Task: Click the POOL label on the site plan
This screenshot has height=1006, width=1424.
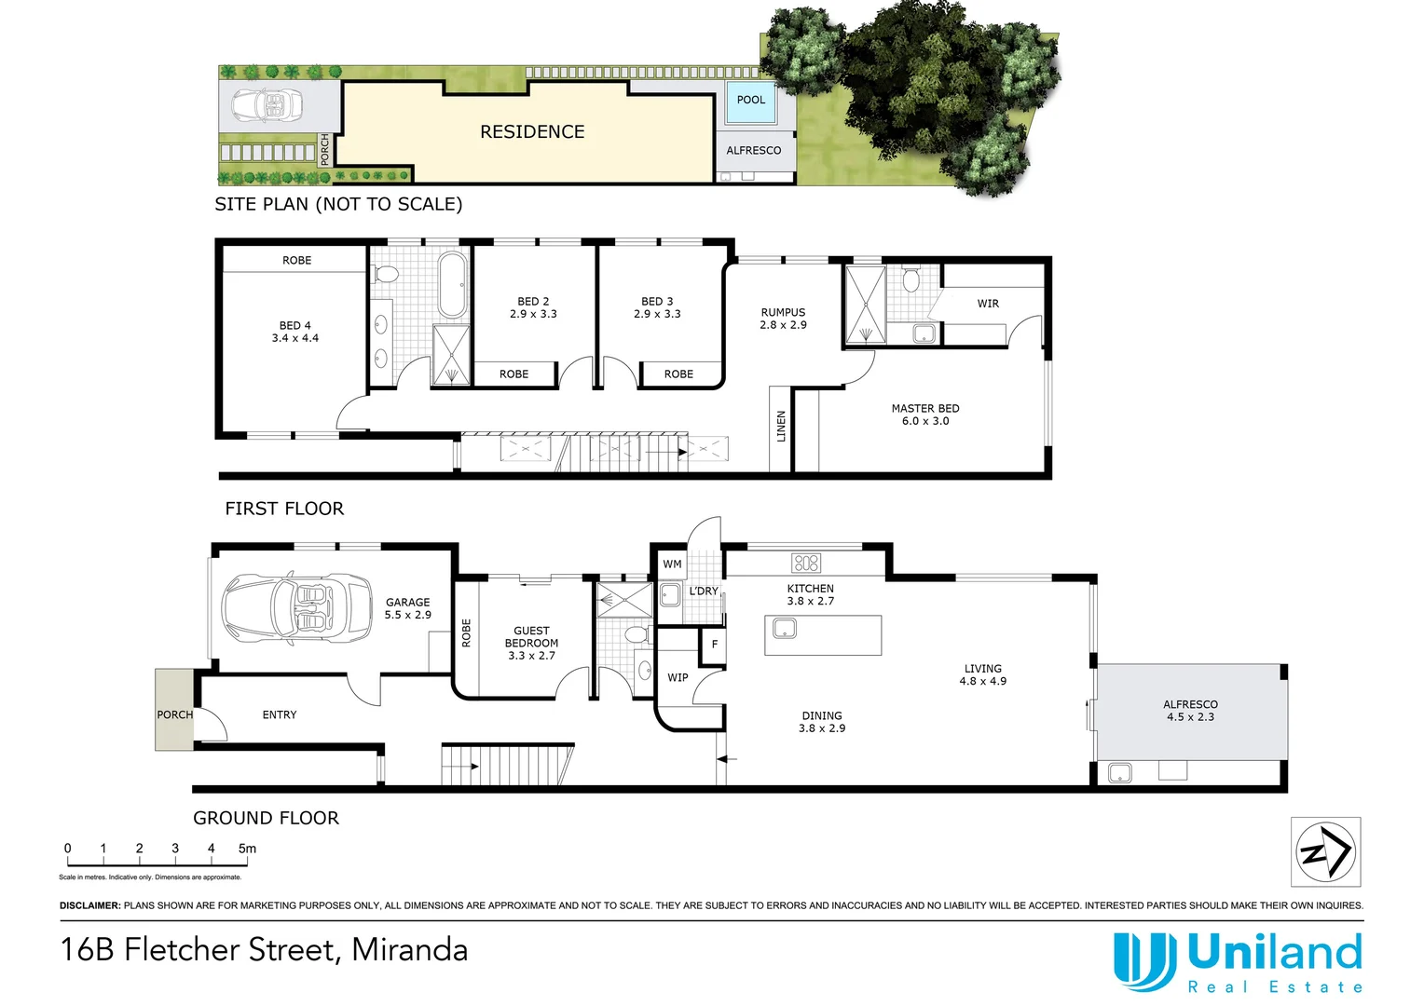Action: tap(750, 100)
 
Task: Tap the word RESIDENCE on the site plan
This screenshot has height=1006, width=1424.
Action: tap(532, 132)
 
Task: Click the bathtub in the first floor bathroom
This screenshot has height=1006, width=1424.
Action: tap(453, 284)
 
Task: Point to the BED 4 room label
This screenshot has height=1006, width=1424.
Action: tap(294, 332)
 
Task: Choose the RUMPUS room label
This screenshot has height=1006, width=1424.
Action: tap(783, 319)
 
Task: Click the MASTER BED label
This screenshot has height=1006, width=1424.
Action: tap(924, 415)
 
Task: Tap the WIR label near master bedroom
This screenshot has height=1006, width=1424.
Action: tap(988, 304)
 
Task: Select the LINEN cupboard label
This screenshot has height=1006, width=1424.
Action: tap(781, 426)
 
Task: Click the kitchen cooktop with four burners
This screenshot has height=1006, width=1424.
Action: tap(805, 563)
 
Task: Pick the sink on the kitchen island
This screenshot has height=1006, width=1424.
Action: tap(785, 630)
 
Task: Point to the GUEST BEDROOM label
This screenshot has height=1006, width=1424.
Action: tap(531, 643)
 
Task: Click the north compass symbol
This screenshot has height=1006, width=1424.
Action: tap(1325, 851)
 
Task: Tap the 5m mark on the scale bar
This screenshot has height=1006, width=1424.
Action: tap(247, 849)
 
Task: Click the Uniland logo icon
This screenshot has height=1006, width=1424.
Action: tap(1144, 961)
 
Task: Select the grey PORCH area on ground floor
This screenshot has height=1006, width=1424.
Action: tap(174, 710)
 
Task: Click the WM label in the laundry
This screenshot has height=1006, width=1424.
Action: tap(672, 564)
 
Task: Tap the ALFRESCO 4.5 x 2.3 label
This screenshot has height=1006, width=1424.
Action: tap(1190, 711)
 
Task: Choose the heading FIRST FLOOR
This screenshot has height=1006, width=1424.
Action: tap(284, 509)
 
